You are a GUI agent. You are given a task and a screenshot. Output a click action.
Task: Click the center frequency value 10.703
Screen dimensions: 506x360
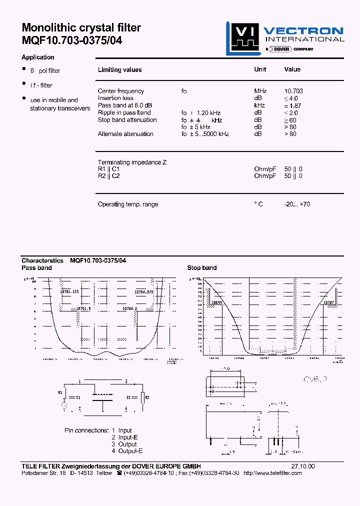[x=293, y=91]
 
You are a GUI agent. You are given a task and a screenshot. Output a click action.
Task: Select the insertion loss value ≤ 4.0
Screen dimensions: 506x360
[x=293, y=98]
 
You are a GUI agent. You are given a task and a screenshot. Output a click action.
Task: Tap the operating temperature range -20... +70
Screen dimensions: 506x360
[x=297, y=204]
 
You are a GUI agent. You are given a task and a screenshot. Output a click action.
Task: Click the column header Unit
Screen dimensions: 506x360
[x=260, y=69]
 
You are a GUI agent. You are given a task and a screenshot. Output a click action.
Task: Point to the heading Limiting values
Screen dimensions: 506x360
[x=119, y=70]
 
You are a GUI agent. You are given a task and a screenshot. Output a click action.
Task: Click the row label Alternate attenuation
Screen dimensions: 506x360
[x=125, y=134]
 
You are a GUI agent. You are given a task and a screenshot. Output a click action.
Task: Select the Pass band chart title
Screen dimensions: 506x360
[x=36, y=268]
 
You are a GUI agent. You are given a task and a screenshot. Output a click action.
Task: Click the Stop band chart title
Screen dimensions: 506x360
[x=202, y=268]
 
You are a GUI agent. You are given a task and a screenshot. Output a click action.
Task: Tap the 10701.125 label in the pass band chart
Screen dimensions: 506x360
[x=69, y=291]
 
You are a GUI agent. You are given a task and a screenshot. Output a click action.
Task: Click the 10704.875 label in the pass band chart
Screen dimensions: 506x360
[x=144, y=291]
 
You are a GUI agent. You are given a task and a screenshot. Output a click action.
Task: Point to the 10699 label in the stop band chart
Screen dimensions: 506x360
[x=216, y=302]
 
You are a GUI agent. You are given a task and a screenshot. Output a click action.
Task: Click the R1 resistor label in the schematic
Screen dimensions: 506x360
[x=61, y=392]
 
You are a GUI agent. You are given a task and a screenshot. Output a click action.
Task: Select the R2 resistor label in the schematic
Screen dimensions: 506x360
[x=147, y=397]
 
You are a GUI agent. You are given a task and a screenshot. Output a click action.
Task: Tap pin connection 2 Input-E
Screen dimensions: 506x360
[x=124, y=437]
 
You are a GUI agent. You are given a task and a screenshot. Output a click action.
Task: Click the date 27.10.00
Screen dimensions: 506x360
[x=303, y=466]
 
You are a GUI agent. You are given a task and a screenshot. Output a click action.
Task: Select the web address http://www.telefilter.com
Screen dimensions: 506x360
[x=272, y=473]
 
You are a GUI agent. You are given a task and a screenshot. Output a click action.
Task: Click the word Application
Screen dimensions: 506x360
[x=38, y=57]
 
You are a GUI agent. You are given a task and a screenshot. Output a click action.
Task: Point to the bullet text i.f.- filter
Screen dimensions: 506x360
[x=41, y=85]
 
